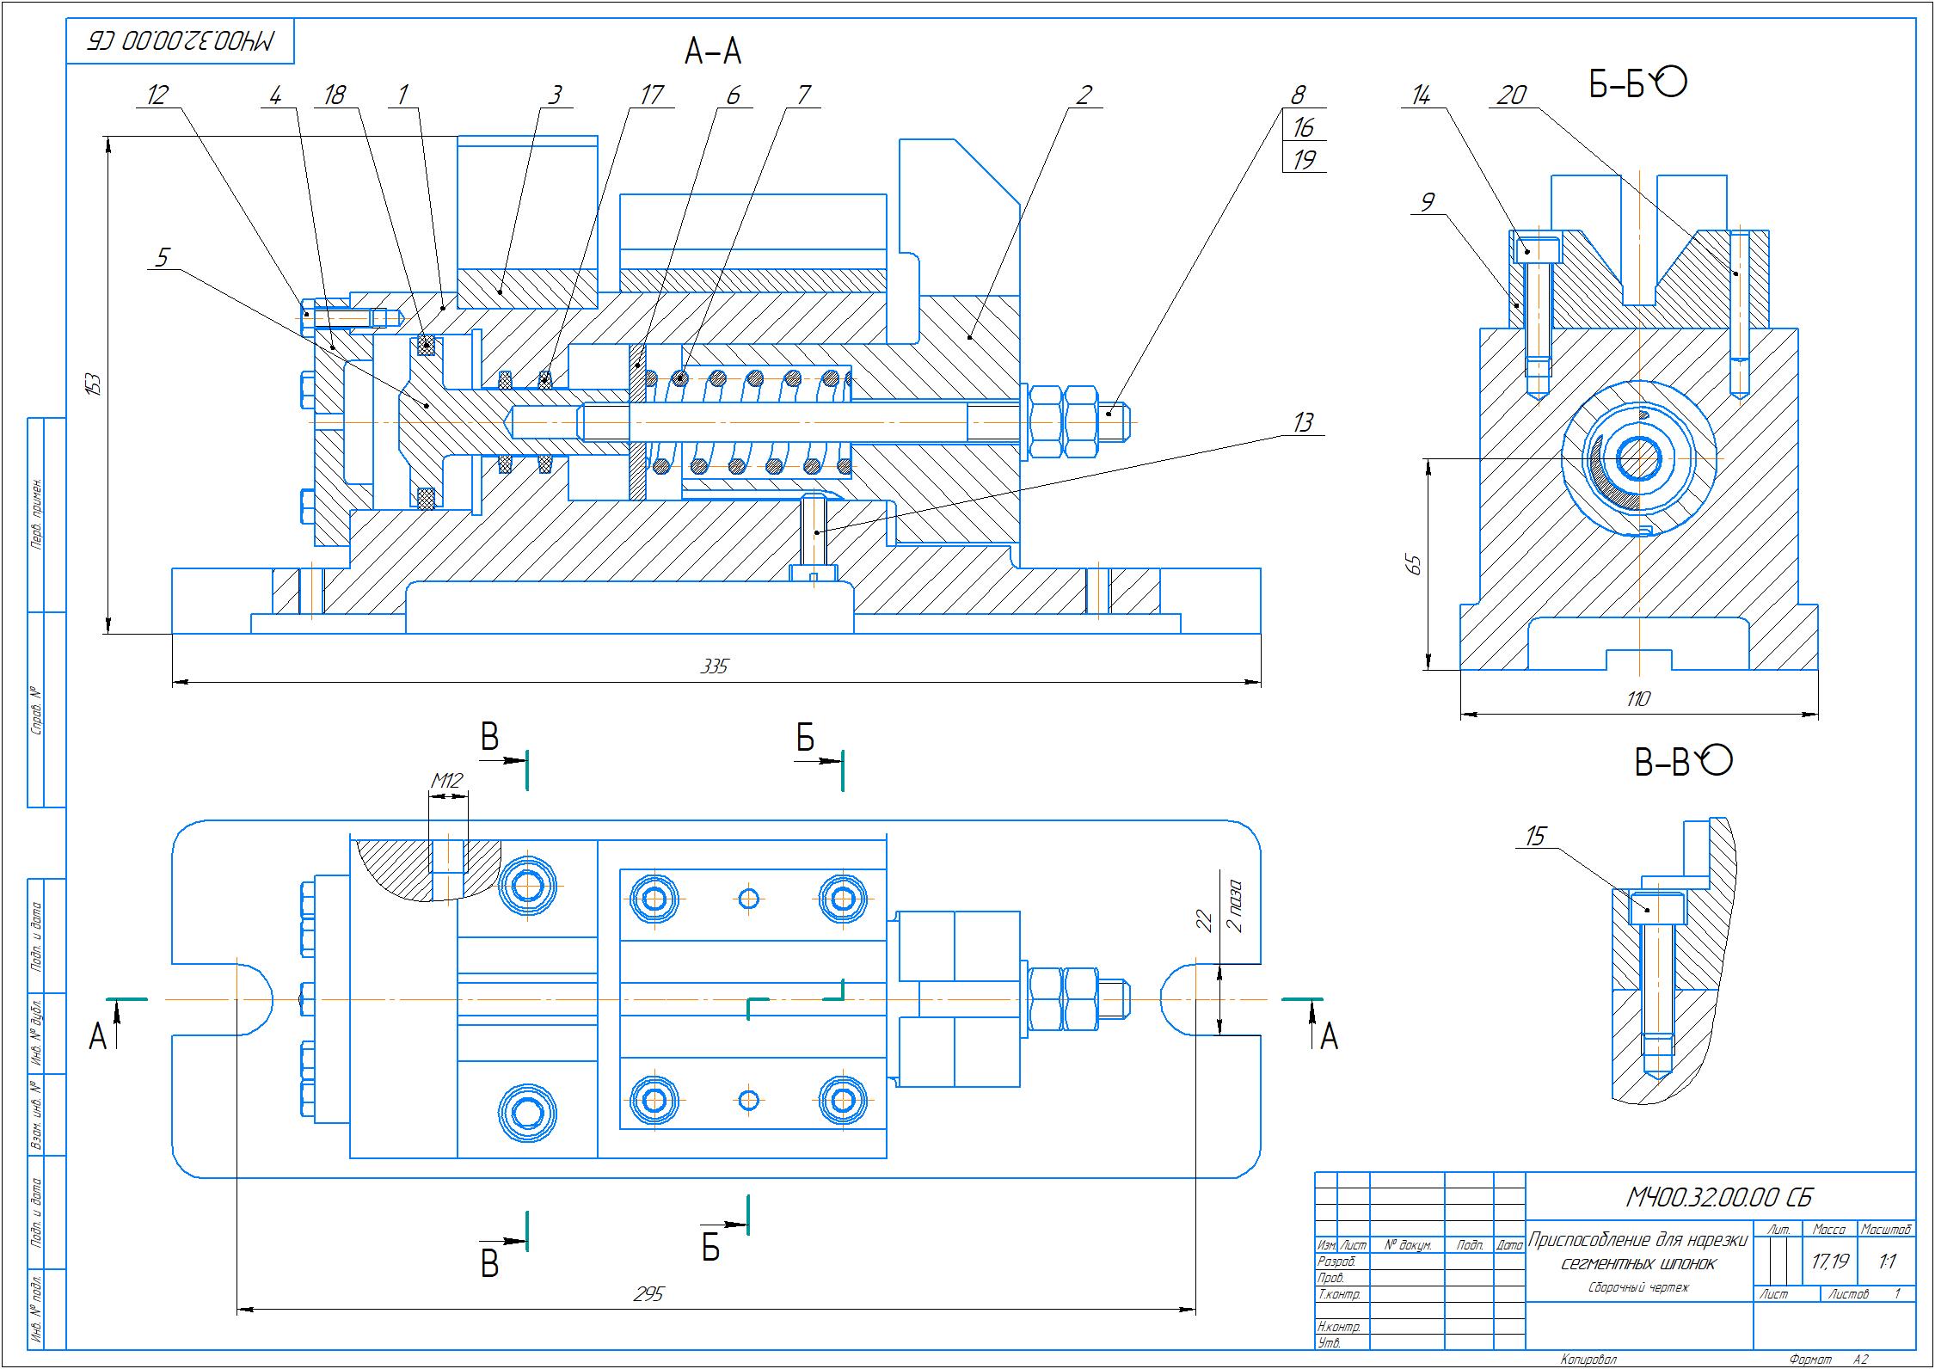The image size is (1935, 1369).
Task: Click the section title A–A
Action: [x=712, y=53]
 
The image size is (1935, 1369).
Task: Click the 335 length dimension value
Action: [x=715, y=666]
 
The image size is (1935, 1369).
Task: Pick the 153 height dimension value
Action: [x=95, y=384]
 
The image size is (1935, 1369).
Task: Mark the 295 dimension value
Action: [x=648, y=1295]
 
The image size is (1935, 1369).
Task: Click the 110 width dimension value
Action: [x=1638, y=699]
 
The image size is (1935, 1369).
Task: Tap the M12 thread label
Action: [x=446, y=781]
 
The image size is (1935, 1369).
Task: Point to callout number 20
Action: [x=1511, y=95]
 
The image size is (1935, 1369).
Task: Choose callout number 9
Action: [x=1427, y=203]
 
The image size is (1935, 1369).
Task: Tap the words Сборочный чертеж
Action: [x=1638, y=1311]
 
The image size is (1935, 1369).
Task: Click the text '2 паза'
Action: [x=1233, y=906]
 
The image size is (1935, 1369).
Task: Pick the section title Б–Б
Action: [x=1617, y=85]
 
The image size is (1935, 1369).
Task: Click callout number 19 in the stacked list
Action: [x=1304, y=160]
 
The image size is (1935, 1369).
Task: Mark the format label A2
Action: [x=1860, y=1360]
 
